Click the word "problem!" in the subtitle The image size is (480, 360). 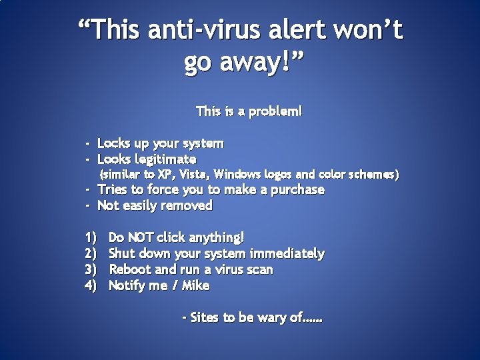(x=275, y=111)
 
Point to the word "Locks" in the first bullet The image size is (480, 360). (x=115, y=143)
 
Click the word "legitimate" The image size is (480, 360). (x=166, y=159)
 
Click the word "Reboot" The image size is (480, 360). (x=129, y=269)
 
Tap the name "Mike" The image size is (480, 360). (x=196, y=285)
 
